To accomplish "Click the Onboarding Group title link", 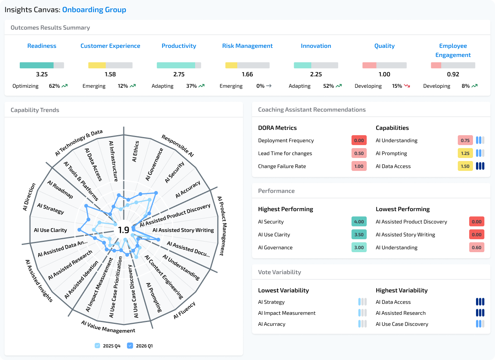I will click(94, 10).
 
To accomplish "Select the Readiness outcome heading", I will click(42, 46).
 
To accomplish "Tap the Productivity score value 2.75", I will click(179, 74).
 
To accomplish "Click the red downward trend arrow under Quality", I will click(407, 86).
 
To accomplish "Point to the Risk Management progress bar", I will click(247, 65).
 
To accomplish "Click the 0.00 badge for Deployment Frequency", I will click(359, 141).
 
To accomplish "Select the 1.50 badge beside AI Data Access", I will click(465, 166).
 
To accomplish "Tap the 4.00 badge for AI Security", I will click(359, 222).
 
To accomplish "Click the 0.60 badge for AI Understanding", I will click(476, 248).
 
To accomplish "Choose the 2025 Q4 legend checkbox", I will click(98, 346).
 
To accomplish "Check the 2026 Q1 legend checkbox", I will click(130, 346).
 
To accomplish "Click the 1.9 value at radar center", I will click(124, 230).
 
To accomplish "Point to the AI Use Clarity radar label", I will click(50, 230).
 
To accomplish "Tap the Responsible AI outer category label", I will click(178, 146).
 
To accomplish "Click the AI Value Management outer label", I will click(108, 327).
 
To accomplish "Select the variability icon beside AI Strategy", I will click(363, 302).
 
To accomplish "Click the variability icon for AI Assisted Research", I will click(480, 313).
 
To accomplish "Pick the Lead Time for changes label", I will click(285, 153).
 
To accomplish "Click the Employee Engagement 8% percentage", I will click(465, 86).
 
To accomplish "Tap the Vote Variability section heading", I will click(279, 272).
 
